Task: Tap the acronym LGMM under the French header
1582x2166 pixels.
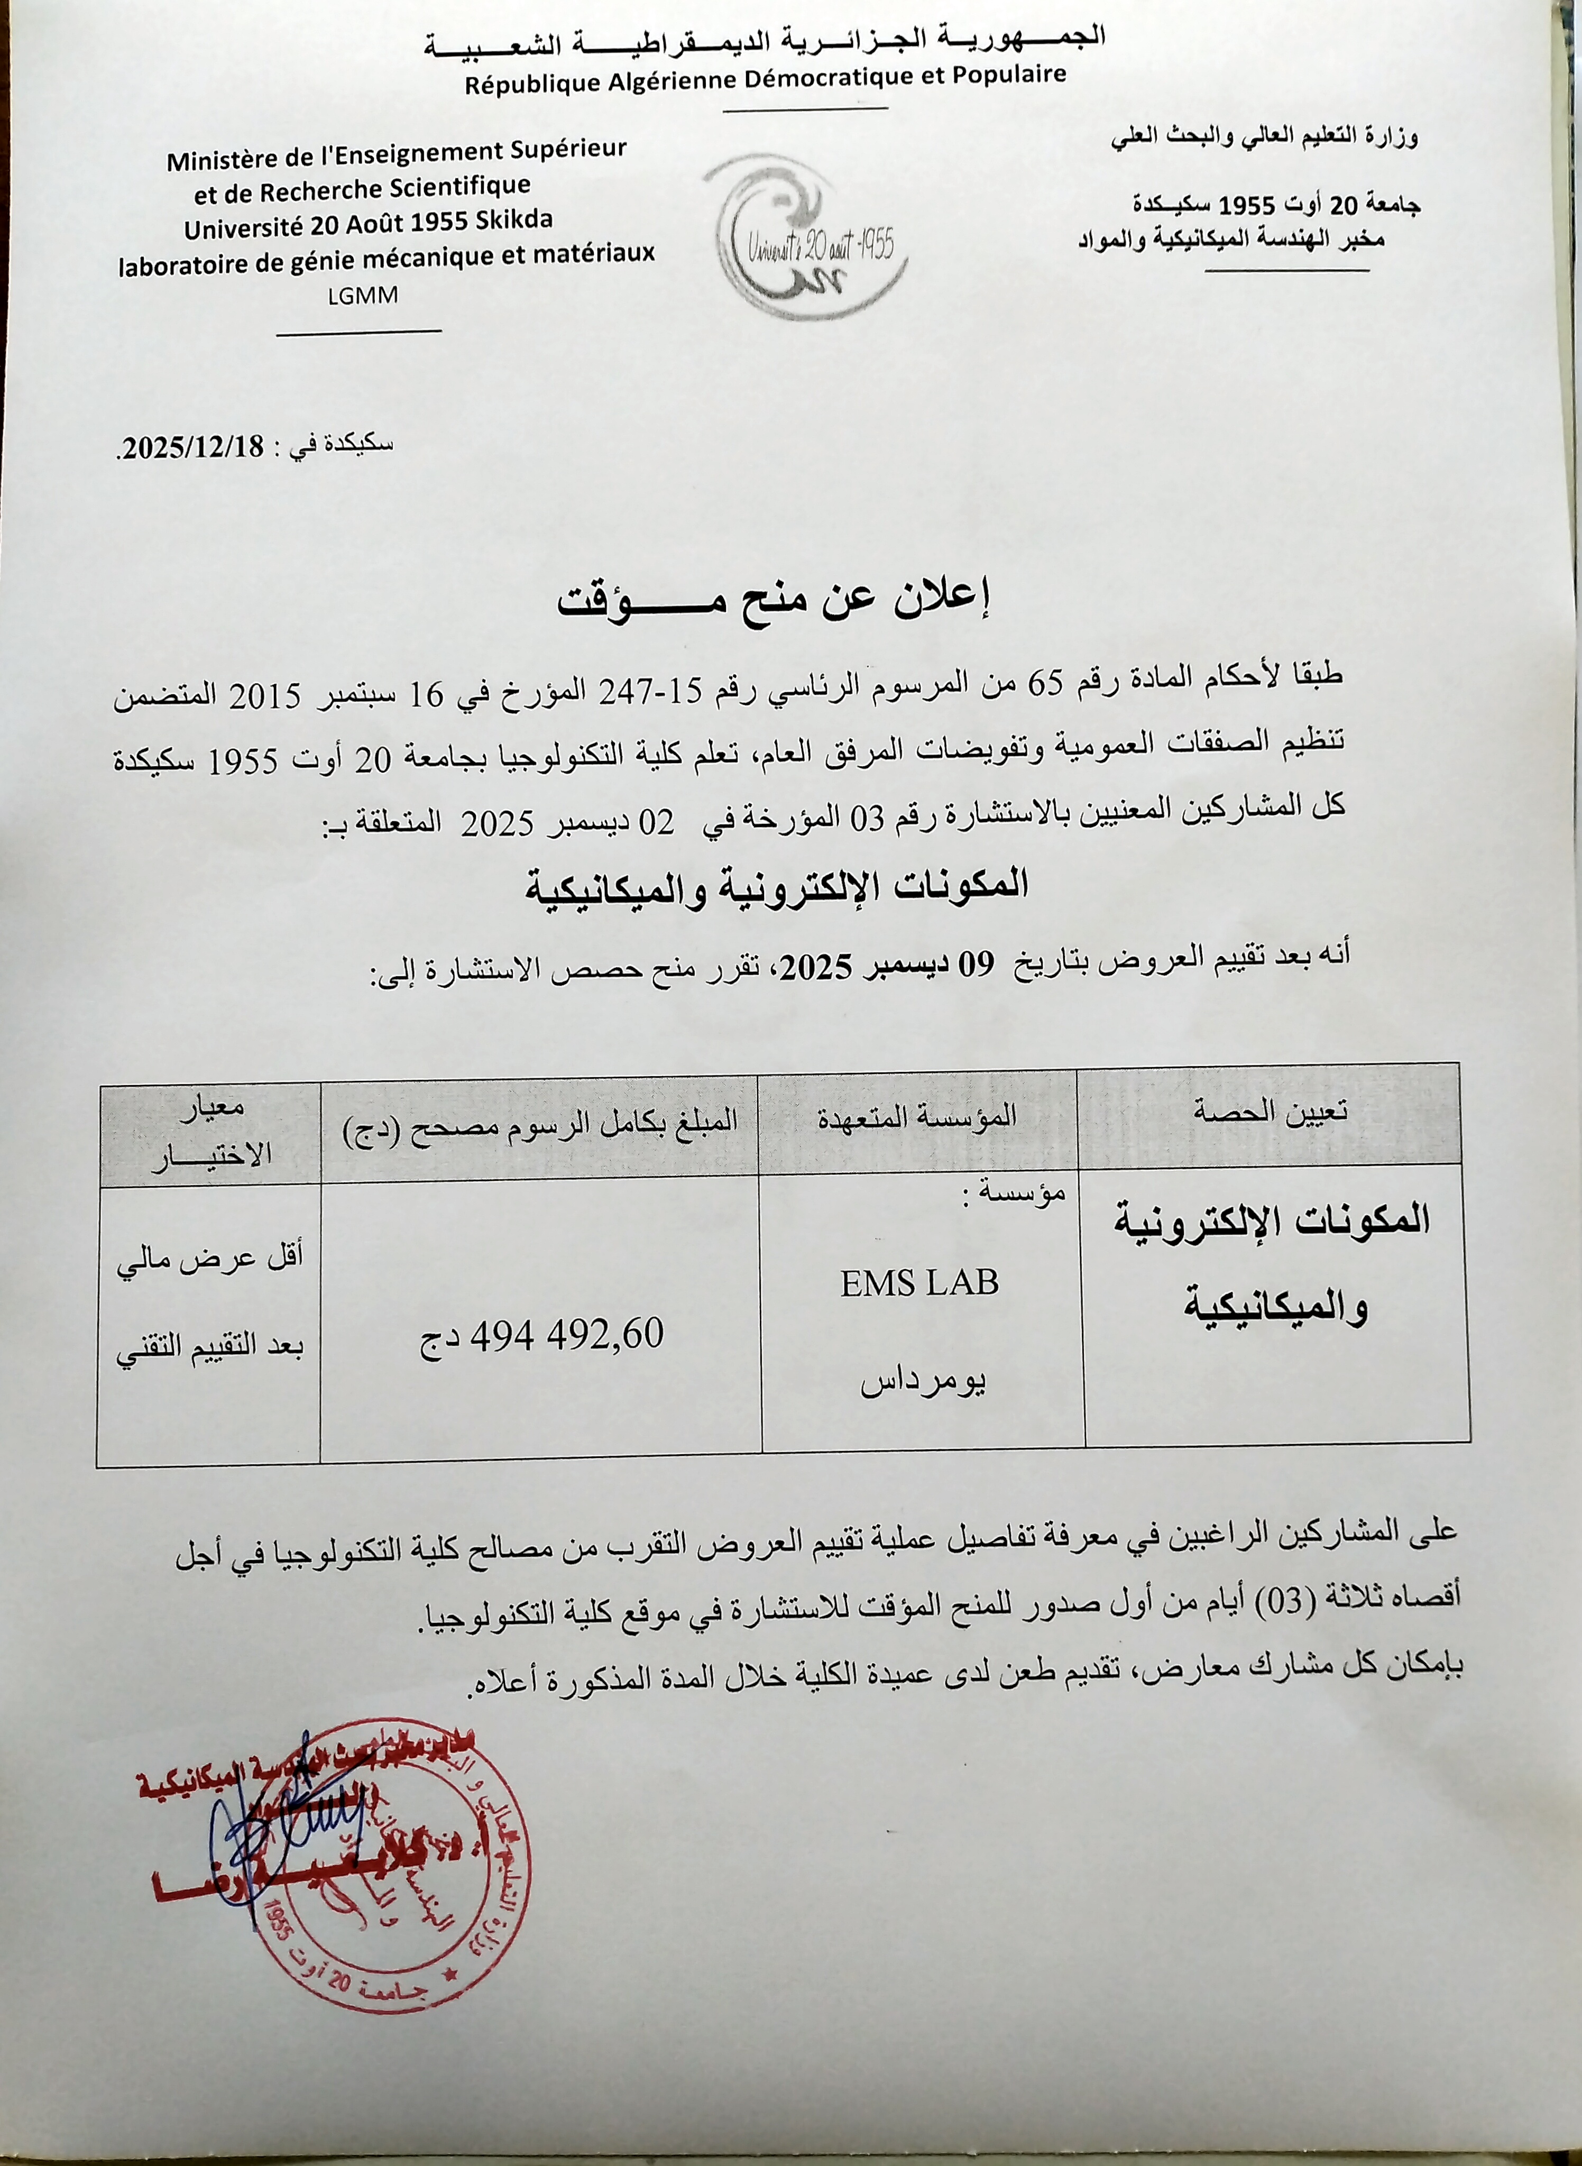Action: point(362,296)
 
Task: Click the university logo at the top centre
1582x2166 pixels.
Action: point(805,238)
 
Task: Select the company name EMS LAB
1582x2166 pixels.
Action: point(919,1283)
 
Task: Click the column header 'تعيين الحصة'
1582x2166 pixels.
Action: point(1272,1111)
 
